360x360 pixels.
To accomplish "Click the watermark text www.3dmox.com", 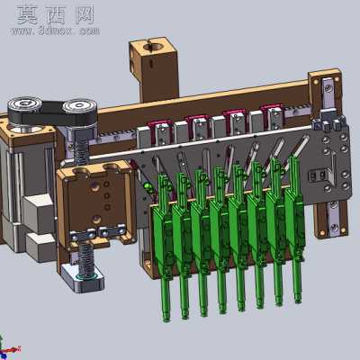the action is click(56, 31).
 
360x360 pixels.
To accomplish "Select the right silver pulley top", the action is click(80, 105).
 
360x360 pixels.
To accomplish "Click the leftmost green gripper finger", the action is click(164, 246).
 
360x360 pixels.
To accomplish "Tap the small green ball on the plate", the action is click(148, 187).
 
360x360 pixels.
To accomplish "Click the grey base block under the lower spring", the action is click(82, 278).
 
